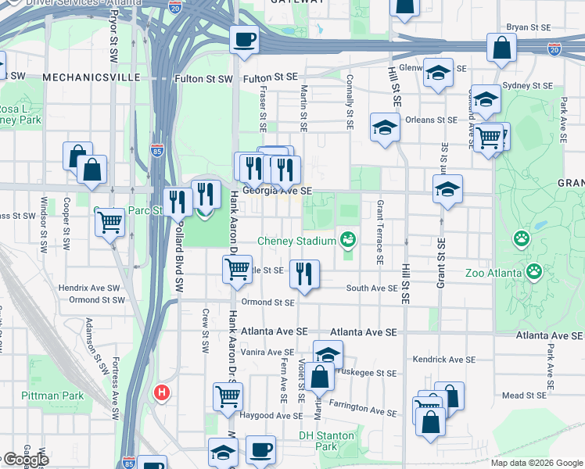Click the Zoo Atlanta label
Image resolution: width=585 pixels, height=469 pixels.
[493, 273]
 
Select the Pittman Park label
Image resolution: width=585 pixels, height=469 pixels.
[52, 396]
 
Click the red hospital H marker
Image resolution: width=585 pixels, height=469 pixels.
[162, 392]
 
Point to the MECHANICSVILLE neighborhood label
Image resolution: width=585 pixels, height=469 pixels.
[81, 77]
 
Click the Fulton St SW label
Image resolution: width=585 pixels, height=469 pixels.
[208, 79]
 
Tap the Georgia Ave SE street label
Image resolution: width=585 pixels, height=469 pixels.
[277, 191]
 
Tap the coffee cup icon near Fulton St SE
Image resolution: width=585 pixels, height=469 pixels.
[244, 38]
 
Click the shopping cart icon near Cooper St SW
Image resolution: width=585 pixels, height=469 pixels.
[109, 221]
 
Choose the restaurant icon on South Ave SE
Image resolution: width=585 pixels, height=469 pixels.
[304, 274]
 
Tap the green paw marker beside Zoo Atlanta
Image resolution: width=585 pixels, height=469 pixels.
[535, 272]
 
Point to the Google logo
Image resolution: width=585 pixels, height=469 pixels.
[26, 460]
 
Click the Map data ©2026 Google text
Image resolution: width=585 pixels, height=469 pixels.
[536, 463]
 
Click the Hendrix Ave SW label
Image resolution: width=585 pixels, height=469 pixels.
[91, 288]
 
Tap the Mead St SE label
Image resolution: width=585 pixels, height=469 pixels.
[523, 396]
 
